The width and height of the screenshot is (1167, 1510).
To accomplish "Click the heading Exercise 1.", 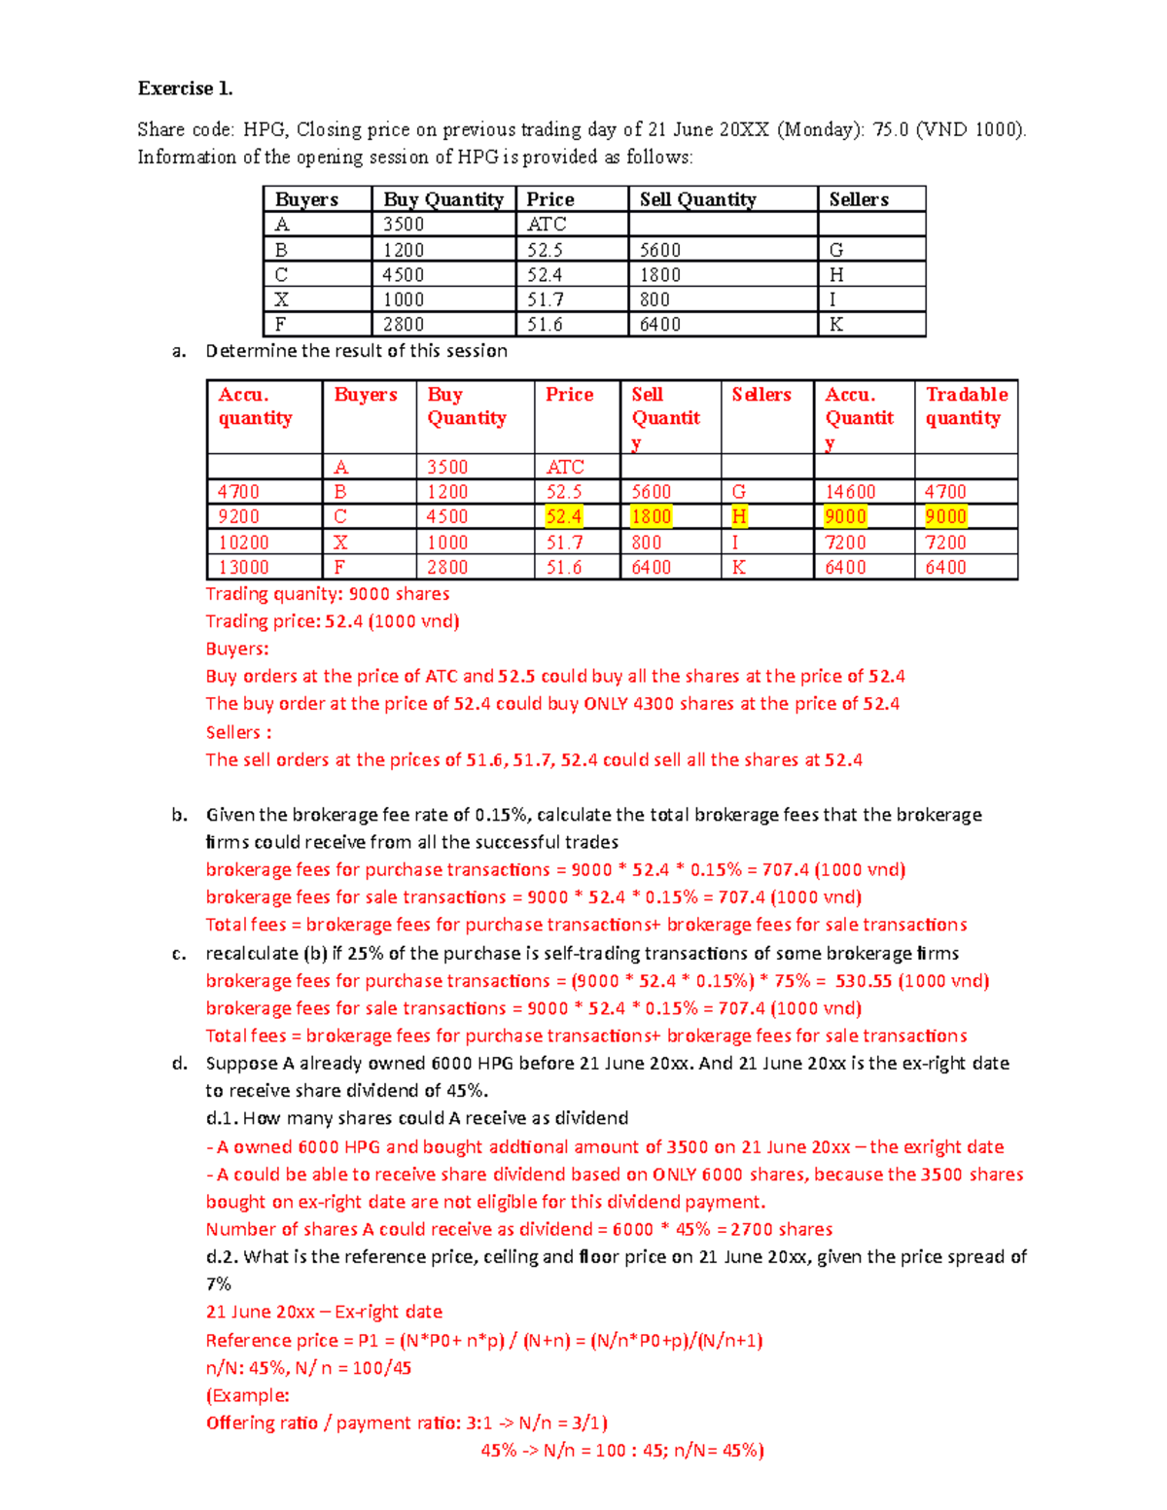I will pyautogui.click(x=185, y=88).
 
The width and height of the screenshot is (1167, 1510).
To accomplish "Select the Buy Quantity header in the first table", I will pyautogui.click(x=442, y=199).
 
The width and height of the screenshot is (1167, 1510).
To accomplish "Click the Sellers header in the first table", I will pyautogui.click(x=859, y=199).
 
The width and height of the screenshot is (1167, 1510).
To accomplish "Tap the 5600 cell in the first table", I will pyautogui.click(x=660, y=250).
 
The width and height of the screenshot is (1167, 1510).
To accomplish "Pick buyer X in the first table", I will pyautogui.click(x=281, y=299).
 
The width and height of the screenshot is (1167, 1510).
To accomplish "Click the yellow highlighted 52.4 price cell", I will pyautogui.click(x=564, y=516).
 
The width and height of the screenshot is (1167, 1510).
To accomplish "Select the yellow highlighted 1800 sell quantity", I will pyautogui.click(x=651, y=516).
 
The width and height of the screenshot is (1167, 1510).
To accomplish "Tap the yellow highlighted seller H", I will pyautogui.click(x=739, y=516).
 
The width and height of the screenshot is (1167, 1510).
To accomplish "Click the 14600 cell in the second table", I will pyautogui.click(x=850, y=492).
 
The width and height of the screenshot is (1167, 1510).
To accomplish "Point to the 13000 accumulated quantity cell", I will pyautogui.click(x=243, y=567).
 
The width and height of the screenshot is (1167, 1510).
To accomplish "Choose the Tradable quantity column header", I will pyautogui.click(x=966, y=406).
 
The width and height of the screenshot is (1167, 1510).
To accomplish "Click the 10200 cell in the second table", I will pyautogui.click(x=243, y=543).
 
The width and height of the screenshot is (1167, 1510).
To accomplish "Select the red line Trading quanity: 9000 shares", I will pyautogui.click(x=327, y=594).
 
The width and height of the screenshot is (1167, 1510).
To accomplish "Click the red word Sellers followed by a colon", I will pyautogui.click(x=238, y=732).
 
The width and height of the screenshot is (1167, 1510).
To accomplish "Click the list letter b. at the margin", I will pyautogui.click(x=180, y=815).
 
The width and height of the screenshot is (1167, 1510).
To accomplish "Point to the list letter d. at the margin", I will pyautogui.click(x=180, y=1064).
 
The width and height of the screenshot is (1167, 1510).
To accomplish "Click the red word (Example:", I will pyautogui.click(x=247, y=1395).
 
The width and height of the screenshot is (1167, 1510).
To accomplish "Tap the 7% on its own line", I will pyautogui.click(x=218, y=1284).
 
